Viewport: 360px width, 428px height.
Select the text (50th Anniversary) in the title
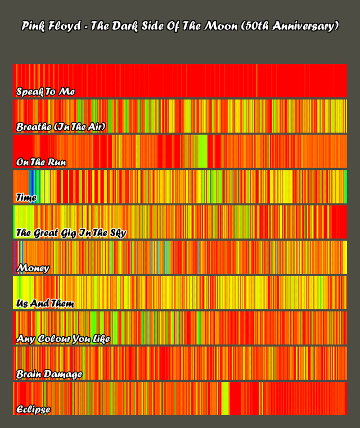[x=289, y=26]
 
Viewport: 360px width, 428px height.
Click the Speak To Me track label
[x=46, y=92]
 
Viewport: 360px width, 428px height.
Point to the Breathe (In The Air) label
[x=61, y=127]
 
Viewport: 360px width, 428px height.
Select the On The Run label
[x=41, y=163]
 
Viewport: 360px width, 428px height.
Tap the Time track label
[x=26, y=197]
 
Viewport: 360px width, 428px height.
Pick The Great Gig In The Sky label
[x=71, y=233]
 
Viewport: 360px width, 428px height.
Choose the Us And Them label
[x=45, y=304]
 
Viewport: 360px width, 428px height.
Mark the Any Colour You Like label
[x=63, y=339]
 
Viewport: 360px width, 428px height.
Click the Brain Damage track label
[x=49, y=375]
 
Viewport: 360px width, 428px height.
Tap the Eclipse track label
[x=33, y=409]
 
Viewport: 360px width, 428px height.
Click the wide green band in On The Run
[x=202, y=151]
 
